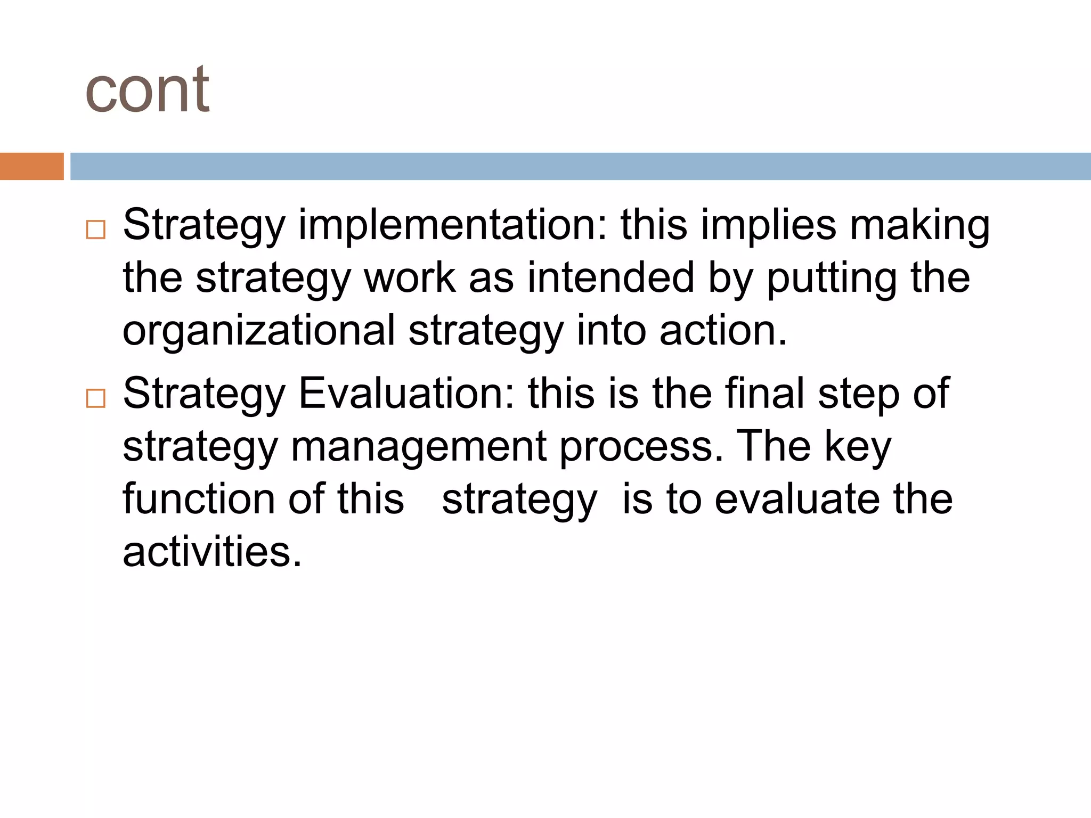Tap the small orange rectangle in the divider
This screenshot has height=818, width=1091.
tap(31, 166)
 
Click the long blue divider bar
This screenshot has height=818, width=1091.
tap(580, 166)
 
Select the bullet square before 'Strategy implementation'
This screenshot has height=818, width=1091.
tap(95, 230)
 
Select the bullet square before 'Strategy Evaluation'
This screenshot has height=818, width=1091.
tap(95, 398)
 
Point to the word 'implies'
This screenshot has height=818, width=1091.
tap(768, 225)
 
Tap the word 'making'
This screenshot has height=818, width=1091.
tap(919, 225)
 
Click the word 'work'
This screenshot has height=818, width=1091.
tap(410, 277)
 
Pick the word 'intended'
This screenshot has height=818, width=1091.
tap(611, 277)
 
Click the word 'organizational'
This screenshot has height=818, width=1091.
tap(259, 331)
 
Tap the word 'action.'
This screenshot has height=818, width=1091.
tap(723, 330)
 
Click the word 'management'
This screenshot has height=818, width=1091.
tap(419, 447)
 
